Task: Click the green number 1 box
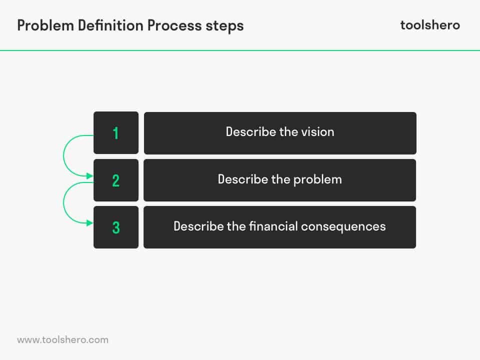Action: coord(116,132)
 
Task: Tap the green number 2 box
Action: coord(116,180)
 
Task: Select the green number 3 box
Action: coord(116,227)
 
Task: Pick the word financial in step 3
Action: coord(274,226)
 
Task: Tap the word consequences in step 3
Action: coord(343,226)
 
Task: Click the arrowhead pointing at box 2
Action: coord(90,176)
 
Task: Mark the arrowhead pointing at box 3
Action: coord(90,223)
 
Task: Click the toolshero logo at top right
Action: coord(430,25)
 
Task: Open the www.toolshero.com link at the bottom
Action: coord(62,339)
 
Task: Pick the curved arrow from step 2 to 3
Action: coord(64,203)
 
